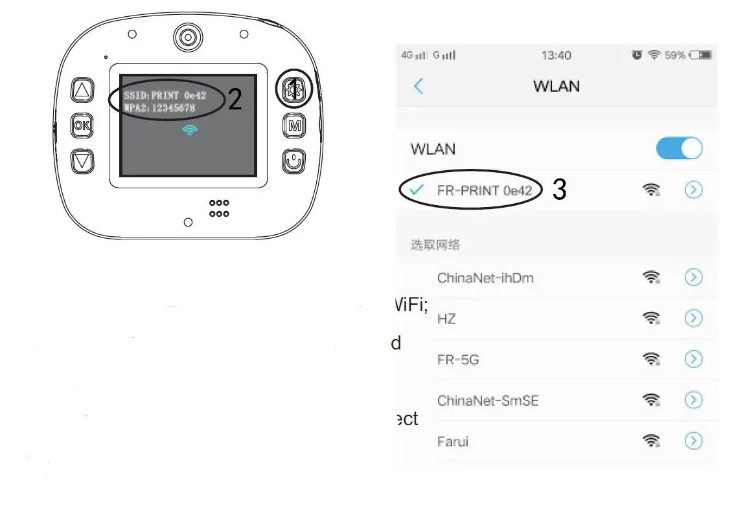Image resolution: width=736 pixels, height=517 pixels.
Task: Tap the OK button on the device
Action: (x=82, y=126)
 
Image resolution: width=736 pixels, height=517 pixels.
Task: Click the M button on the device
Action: (x=294, y=126)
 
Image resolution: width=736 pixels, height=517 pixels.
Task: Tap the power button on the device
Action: (x=294, y=160)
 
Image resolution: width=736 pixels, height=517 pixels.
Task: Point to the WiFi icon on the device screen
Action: (x=190, y=130)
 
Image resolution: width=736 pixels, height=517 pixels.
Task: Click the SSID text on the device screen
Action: (x=165, y=96)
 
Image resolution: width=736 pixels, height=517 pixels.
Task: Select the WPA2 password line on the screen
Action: (x=159, y=108)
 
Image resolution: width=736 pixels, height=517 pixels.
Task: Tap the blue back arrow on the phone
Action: (x=419, y=86)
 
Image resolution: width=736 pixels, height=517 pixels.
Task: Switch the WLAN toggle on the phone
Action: (x=679, y=148)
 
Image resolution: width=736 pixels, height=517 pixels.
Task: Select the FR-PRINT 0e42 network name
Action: (x=485, y=190)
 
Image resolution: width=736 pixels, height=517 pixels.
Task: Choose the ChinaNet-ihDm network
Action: (x=485, y=278)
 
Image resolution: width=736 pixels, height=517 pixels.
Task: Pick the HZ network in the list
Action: (x=446, y=319)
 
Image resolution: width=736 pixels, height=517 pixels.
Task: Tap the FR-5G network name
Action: (x=457, y=360)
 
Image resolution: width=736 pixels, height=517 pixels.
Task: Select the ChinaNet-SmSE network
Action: (x=487, y=401)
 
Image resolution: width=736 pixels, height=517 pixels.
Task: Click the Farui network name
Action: (x=452, y=442)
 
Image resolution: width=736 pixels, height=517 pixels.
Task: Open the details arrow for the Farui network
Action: (x=693, y=441)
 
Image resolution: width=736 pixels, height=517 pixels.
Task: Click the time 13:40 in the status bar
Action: (x=556, y=56)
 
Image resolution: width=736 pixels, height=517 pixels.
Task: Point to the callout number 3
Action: (x=559, y=190)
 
